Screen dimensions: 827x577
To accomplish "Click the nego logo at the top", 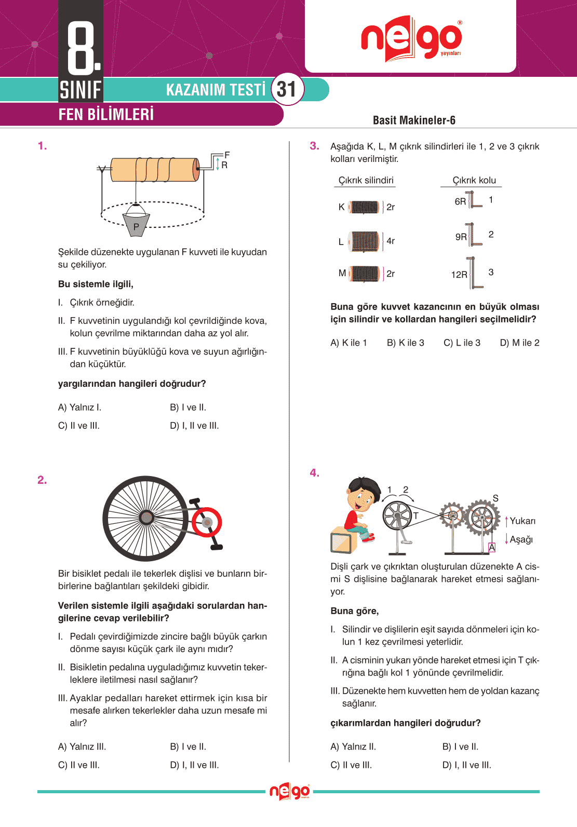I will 411,38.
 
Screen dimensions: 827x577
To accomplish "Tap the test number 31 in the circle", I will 286,89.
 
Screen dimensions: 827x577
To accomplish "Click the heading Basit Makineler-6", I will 414,120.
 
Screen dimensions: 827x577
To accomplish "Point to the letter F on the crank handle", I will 227,155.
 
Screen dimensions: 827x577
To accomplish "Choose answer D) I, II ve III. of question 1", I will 194,426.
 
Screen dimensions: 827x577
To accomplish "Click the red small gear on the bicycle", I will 207,522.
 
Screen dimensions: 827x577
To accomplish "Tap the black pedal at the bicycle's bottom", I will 216,547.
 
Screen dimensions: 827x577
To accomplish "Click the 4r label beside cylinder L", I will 391,241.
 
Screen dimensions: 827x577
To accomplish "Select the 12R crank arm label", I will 459,275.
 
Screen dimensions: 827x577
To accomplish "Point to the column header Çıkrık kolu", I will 474,180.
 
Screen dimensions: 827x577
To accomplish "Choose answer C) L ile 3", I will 462,343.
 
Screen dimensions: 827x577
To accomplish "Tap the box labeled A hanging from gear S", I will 492,547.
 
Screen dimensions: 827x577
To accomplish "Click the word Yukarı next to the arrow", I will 522,521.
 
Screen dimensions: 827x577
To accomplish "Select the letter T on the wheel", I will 415,516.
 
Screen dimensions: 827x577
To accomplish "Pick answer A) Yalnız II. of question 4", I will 353,747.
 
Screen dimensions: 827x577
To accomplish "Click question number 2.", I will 42,480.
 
